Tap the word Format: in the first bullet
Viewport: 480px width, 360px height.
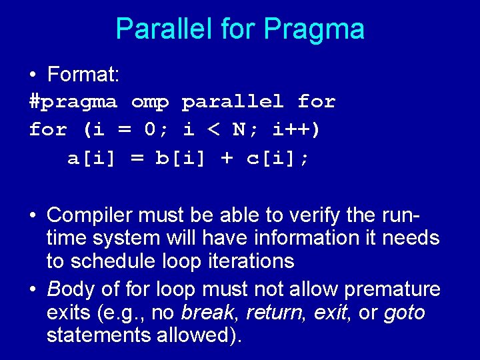pyautogui.click(x=83, y=75)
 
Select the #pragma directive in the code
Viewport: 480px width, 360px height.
pyautogui.click(x=73, y=102)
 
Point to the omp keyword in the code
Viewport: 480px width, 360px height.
pyautogui.click(x=150, y=102)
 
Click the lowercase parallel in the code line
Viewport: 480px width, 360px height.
pyautogui.click(x=233, y=102)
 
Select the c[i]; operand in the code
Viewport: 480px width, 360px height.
pyautogui.click(x=276, y=158)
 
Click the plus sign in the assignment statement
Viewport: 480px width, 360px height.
pyautogui.click(x=227, y=158)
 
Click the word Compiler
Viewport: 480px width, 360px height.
pyautogui.click(x=89, y=215)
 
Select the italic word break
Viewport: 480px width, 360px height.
pyautogui.click(x=207, y=313)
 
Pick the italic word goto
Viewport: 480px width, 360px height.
pyautogui.click(x=405, y=313)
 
